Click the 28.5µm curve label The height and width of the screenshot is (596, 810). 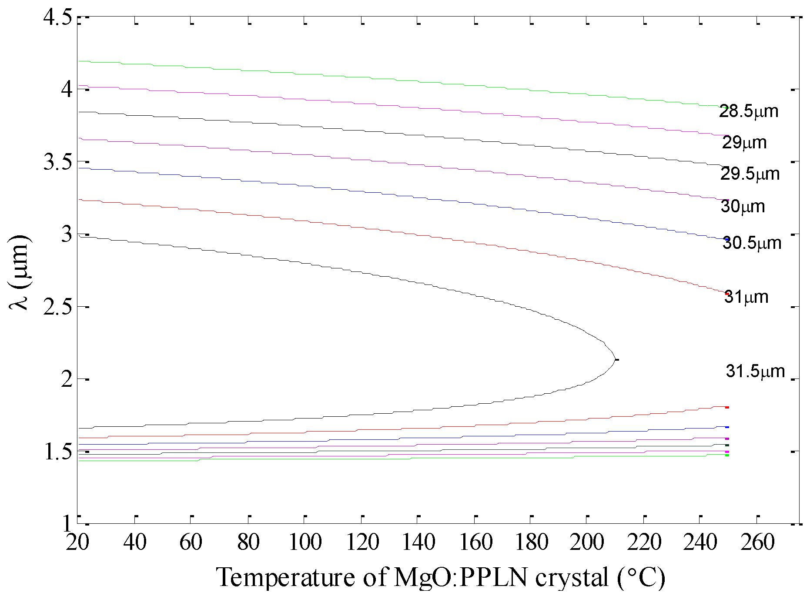pos(748,111)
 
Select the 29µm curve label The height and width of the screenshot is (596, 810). pos(744,143)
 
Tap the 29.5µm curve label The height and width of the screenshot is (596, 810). pos(750,174)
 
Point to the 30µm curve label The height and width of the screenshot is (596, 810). pos(743,206)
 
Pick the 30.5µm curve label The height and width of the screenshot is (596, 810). pos(752,243)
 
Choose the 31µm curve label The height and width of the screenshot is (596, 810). pos(746,297)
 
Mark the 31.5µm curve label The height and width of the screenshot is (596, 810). pos(755,372)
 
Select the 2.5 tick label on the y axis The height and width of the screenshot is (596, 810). pos(58,307)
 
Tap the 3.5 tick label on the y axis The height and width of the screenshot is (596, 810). pos(58,162)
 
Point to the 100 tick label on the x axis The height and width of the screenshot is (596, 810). pos(305,542)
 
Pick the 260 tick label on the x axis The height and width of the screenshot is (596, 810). pos(757,542)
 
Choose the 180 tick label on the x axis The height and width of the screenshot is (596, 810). pos(531,542)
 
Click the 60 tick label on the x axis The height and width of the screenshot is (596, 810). pos(191,542)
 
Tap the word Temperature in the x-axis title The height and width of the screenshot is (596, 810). pos(285,578)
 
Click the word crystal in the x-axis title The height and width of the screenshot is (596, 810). pos(572,578)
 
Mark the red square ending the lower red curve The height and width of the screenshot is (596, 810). pos(727,408)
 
